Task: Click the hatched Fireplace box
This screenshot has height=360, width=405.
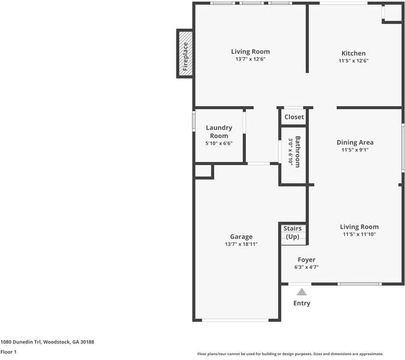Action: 185,53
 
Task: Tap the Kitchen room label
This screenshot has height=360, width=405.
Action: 353,53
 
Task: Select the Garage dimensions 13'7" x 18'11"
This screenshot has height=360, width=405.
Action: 241,244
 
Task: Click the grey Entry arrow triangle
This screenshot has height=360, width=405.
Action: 302,292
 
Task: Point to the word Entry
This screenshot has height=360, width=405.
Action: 302,303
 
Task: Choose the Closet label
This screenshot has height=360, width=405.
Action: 294,117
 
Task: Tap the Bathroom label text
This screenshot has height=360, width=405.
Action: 298,152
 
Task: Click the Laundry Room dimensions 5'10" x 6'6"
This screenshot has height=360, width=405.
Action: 219,143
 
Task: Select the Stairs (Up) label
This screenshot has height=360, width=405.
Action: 293,232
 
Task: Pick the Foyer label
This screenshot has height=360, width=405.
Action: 307,260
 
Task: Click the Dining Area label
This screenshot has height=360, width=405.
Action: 355,142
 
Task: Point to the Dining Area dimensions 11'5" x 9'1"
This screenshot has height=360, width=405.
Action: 355,150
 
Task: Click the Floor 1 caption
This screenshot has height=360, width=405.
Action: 8,352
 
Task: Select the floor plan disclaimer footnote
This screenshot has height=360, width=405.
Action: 290,354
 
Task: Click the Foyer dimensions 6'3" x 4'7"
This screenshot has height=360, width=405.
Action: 307,267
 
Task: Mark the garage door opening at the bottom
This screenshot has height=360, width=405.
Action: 235,320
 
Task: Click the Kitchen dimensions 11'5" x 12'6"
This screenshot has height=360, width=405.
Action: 353,61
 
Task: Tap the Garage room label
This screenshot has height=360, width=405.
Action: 241,236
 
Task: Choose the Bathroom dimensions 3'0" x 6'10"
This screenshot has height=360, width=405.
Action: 290,152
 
